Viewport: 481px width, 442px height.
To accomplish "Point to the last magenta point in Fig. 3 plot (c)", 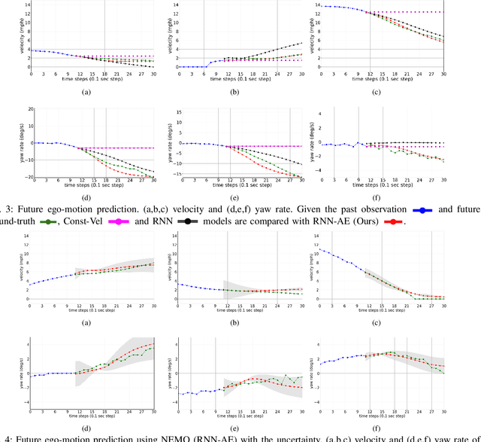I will pyautogui.click(x=443, y=12).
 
